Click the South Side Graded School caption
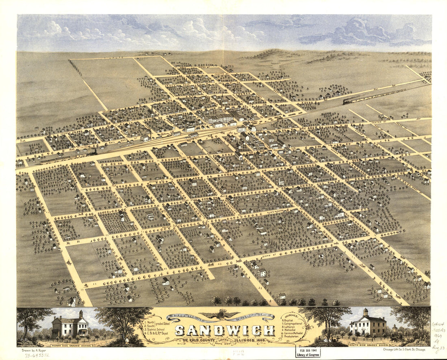tap(367, 345)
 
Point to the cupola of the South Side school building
tap(366, 313)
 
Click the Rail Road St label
tap(108, 137)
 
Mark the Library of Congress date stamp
tap(307, 352)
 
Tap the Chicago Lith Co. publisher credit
tap(404, 349)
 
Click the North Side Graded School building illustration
tap(70, 325)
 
